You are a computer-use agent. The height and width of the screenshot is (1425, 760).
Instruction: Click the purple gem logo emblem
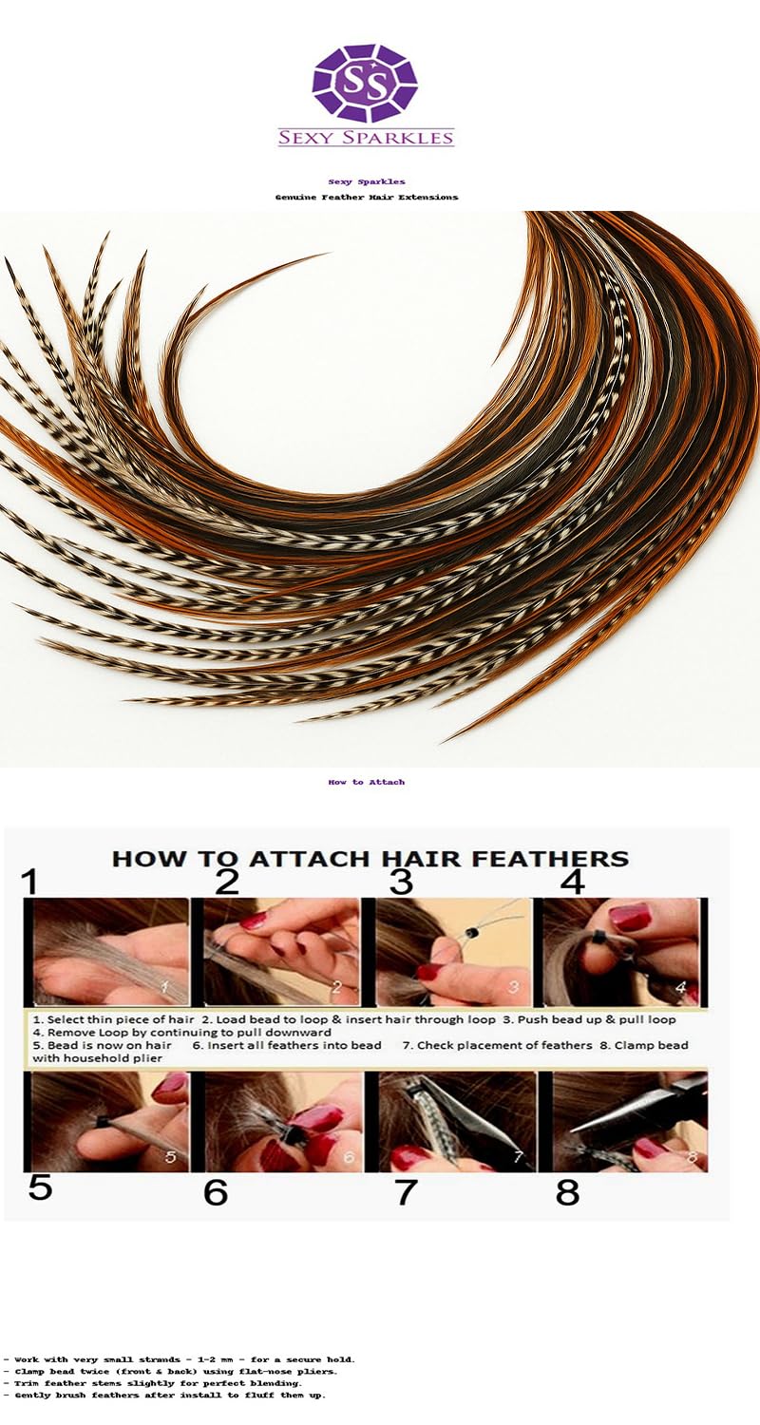pos(366,83)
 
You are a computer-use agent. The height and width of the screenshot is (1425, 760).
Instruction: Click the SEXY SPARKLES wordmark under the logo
pos(366,138)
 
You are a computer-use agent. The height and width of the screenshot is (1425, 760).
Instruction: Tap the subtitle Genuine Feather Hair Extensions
pos(366,197)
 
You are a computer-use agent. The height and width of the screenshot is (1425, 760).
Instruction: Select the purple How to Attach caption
pos(366,782)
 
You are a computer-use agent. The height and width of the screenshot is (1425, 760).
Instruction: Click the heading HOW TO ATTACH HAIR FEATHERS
pos(370,859)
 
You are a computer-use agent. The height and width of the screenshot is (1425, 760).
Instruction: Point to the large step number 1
pos(30,883)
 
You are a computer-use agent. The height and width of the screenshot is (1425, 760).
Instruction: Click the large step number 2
pos(226,883)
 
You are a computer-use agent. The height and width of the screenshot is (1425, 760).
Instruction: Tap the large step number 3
pos(401,883)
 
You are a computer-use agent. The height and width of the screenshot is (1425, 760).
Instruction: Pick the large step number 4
pos(572,883)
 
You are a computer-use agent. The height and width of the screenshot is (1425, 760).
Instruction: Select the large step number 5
pos(39,1187)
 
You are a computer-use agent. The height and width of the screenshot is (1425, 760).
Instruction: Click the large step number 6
pos(216,1191)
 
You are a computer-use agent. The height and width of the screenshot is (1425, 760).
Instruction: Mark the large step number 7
pos(406,1191)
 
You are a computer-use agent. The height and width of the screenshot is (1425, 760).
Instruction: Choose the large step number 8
pos(567,1191)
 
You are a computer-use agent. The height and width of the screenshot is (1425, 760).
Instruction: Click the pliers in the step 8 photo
pos(646,1107)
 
